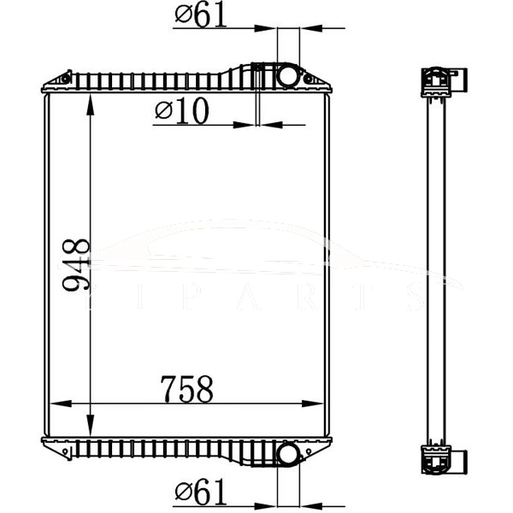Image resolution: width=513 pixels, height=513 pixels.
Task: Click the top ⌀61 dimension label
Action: pos(201,15)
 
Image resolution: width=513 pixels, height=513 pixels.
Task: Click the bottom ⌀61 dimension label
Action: pos(201,491)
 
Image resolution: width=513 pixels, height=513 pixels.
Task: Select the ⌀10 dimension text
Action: pos(181,112)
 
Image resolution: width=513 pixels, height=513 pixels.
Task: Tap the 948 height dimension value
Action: pos(77,265)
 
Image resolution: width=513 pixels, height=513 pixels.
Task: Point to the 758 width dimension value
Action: pos(186,390)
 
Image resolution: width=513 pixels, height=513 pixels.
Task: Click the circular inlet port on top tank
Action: pos(288,75)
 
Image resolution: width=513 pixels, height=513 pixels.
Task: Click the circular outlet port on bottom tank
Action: pos(288,453)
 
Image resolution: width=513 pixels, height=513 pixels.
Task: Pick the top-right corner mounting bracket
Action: pos(318,82)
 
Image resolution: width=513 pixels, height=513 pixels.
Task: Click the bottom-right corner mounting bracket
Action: pos(318,446)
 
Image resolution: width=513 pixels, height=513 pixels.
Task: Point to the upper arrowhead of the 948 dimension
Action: pos(91,101)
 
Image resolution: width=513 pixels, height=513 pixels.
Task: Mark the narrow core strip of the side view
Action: pos(437,265)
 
